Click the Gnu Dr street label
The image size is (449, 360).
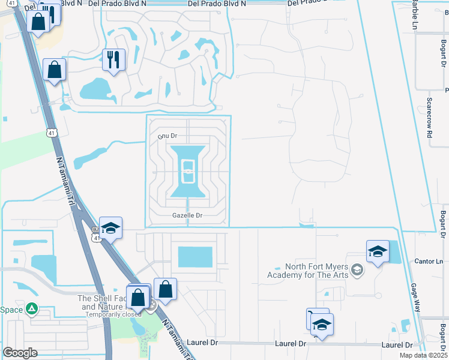click(167, 136)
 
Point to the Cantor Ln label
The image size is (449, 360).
click(429, 262)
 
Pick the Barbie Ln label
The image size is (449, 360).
click(414, 17)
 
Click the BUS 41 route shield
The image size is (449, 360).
click(96, 235)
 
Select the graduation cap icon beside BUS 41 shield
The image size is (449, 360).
click(111, 228)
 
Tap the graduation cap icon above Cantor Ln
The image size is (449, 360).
click(378, 251)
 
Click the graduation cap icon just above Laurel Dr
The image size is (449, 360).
click(322, 325)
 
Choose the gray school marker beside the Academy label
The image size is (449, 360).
click(357, 270)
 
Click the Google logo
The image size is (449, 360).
click(20, 352)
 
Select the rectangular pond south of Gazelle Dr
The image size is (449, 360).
click(195, 257)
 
